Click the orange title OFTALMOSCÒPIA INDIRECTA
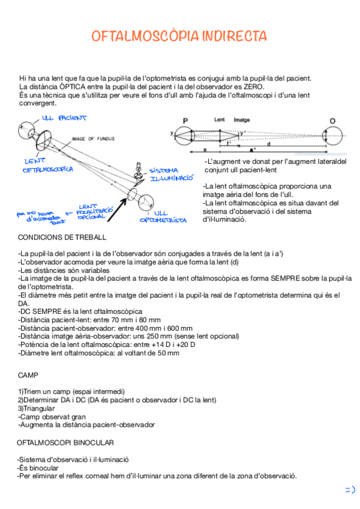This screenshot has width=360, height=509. click(x=179, y=37)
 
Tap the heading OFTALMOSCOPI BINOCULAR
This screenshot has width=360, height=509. click(x=65, y=443)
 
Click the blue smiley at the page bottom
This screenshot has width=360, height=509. click(x=349, y=489)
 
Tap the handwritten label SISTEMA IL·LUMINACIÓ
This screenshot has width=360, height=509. click(x=170, y=174)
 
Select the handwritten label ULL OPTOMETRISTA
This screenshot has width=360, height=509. click(x=163, y=217)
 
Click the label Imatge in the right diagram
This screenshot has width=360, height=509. click(x=242, y=120)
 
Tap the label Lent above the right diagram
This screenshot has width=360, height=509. click(x=220, y=120)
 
